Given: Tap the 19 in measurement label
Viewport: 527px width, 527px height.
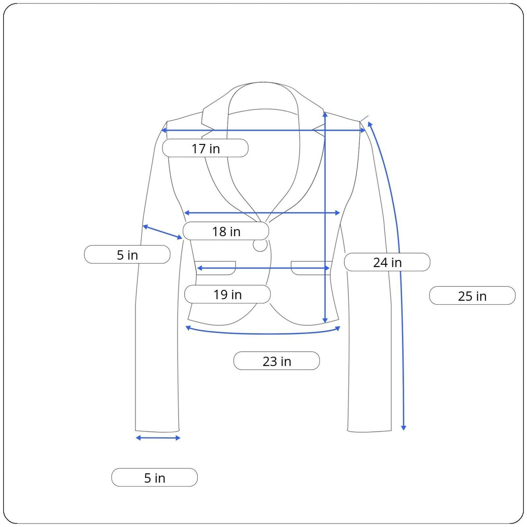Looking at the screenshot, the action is coord(227,294).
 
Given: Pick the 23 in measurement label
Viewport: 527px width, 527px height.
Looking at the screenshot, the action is coord(277,361).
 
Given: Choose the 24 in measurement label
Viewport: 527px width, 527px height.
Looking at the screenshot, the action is coord(387,262).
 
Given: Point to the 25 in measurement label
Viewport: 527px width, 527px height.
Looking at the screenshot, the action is coord(472,296).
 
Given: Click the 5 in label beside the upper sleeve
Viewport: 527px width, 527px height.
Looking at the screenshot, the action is coord(127,255).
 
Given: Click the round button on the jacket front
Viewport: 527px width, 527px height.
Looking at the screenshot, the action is coord(260,245).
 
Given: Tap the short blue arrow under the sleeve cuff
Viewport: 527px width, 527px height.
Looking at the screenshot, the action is coord(158,438).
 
